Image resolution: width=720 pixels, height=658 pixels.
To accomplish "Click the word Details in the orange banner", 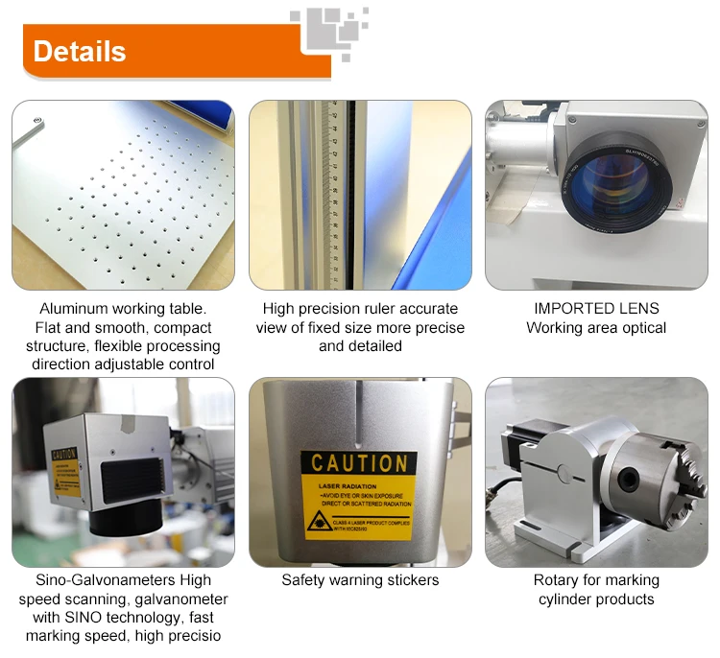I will pos(80,51).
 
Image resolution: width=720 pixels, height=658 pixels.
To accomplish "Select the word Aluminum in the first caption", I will pos(75,309).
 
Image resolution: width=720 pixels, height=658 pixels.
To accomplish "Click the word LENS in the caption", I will pos(641,309).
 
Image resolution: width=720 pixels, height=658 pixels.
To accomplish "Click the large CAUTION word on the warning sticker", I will pos(359,463).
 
